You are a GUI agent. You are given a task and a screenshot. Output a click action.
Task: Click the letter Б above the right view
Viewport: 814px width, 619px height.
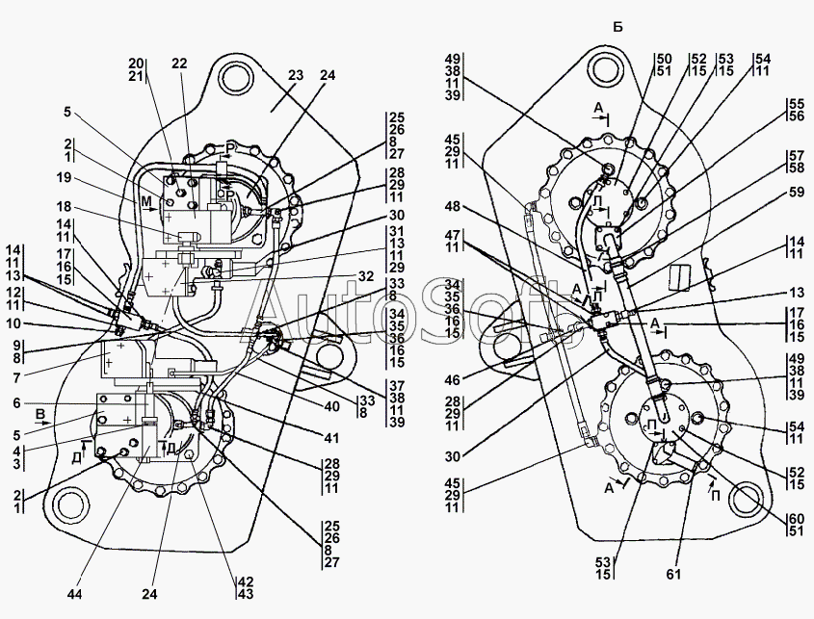click(617, 26)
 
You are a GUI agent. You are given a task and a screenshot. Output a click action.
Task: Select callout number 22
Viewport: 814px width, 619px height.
click(179, 63)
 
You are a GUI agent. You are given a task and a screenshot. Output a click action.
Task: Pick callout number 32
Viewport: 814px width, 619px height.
click(364, 275)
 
